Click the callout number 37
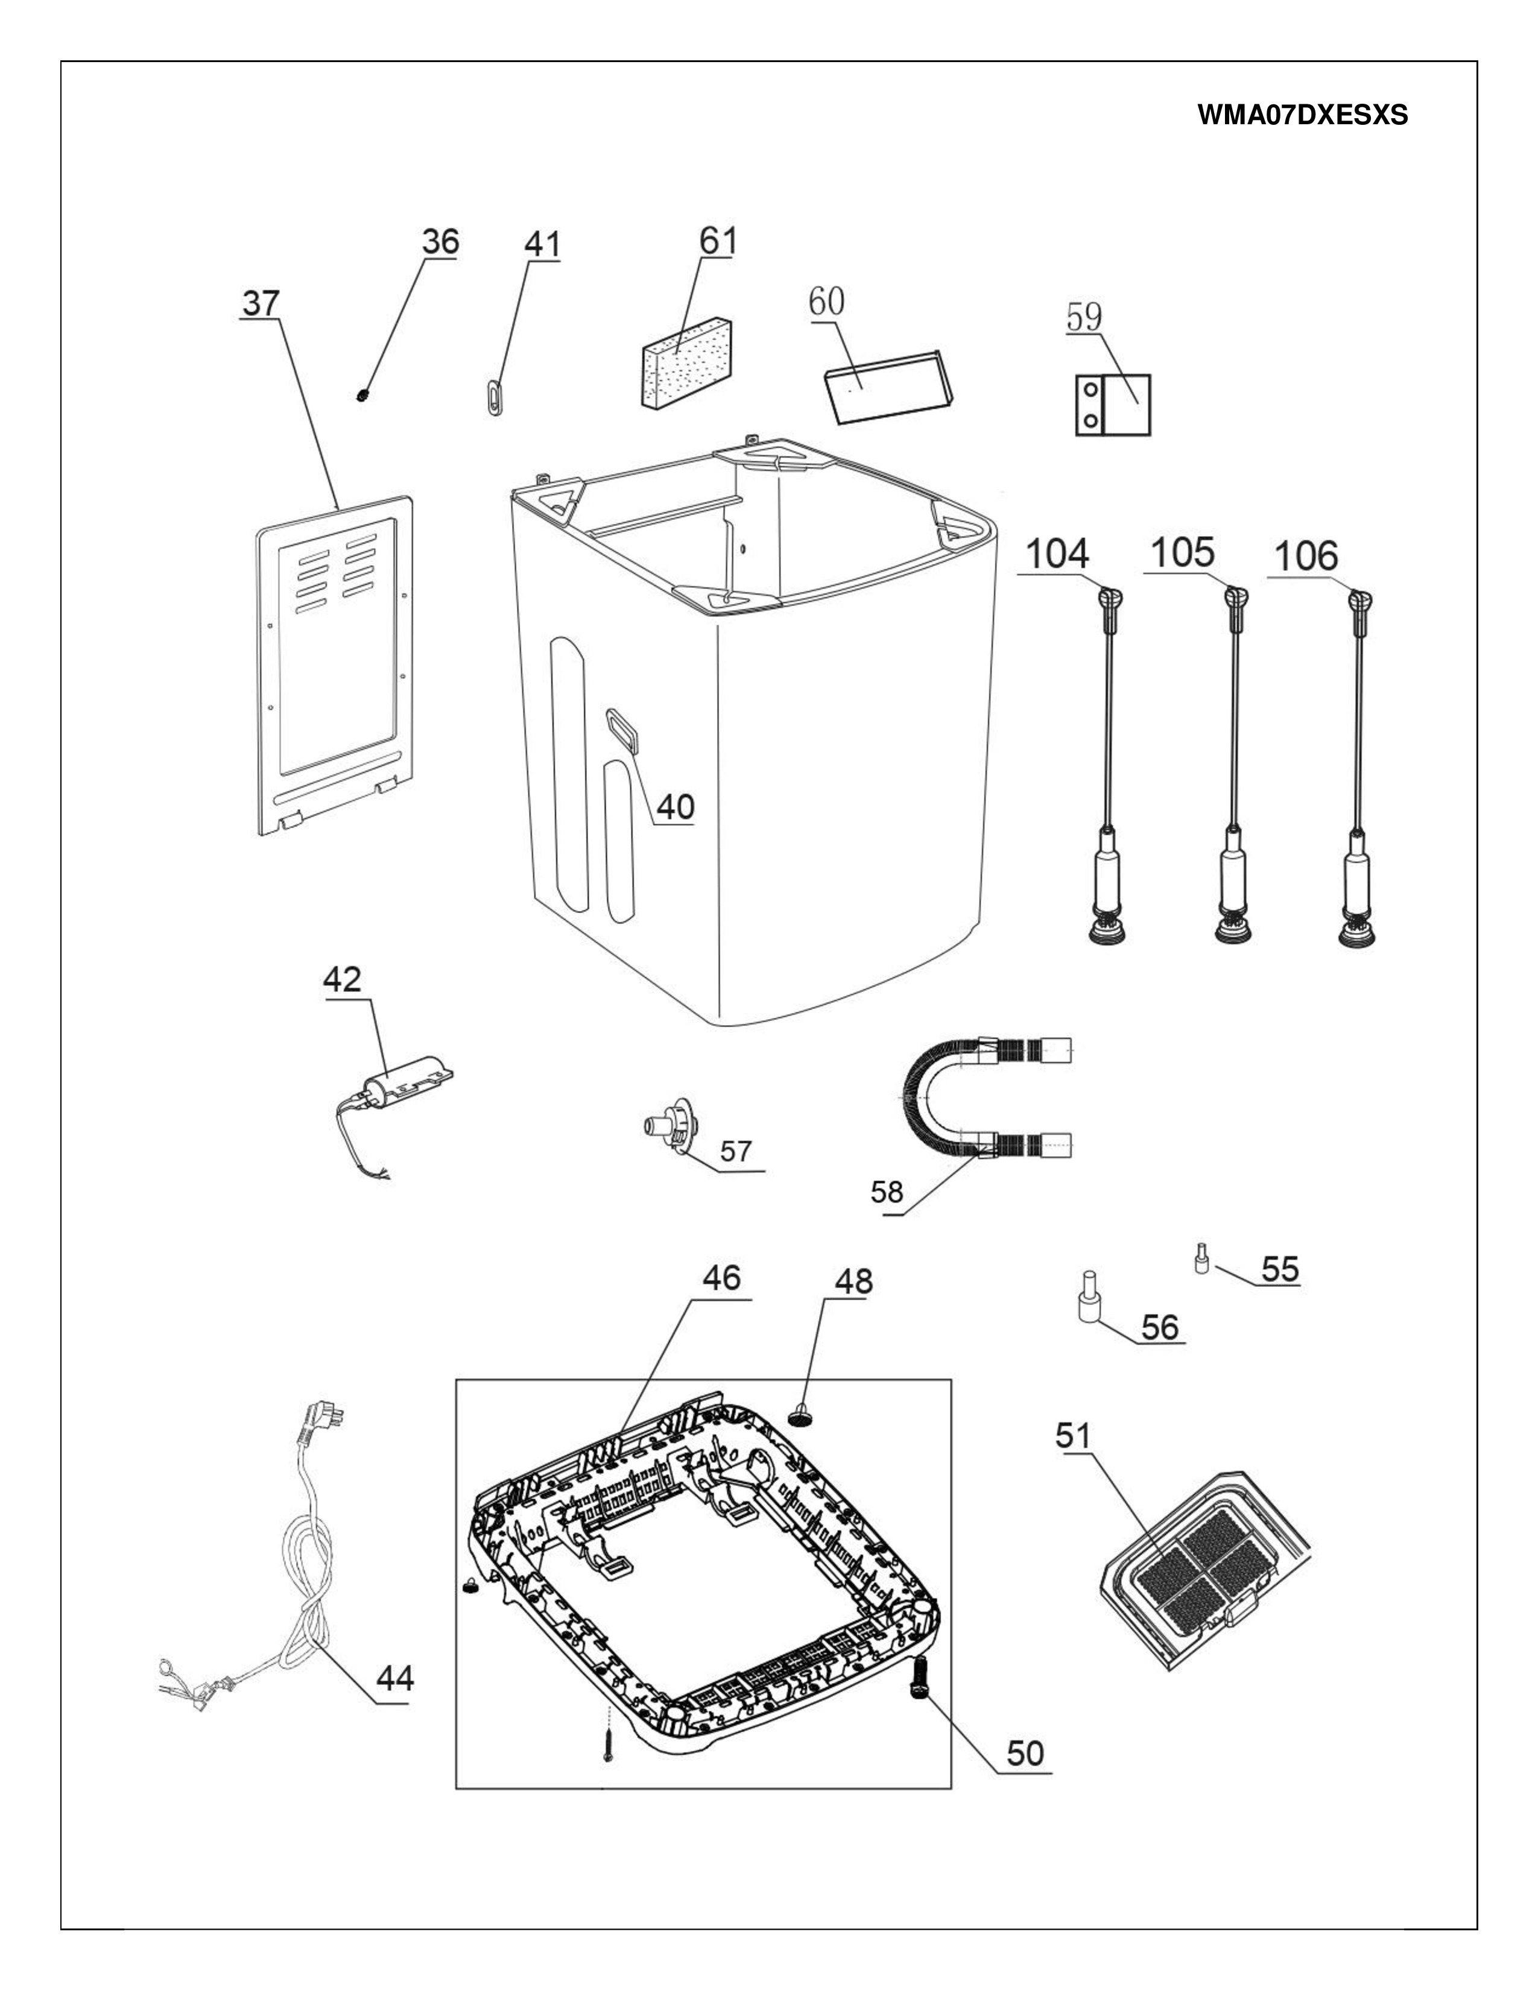(x=261, y=303)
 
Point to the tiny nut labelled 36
(x=362, y=394)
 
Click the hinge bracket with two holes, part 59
(x=1113, y=405)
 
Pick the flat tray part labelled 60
(x=888, y=387)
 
